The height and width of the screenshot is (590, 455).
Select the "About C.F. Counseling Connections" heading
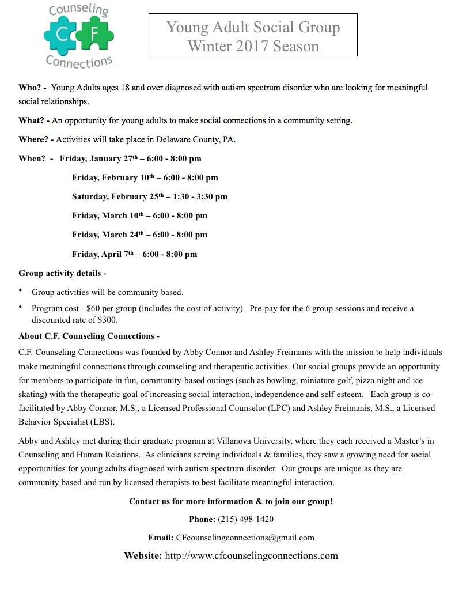coord(89,336)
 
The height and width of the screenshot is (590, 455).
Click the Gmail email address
coord(245,538)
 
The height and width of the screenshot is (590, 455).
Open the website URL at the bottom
coord(251,556)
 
